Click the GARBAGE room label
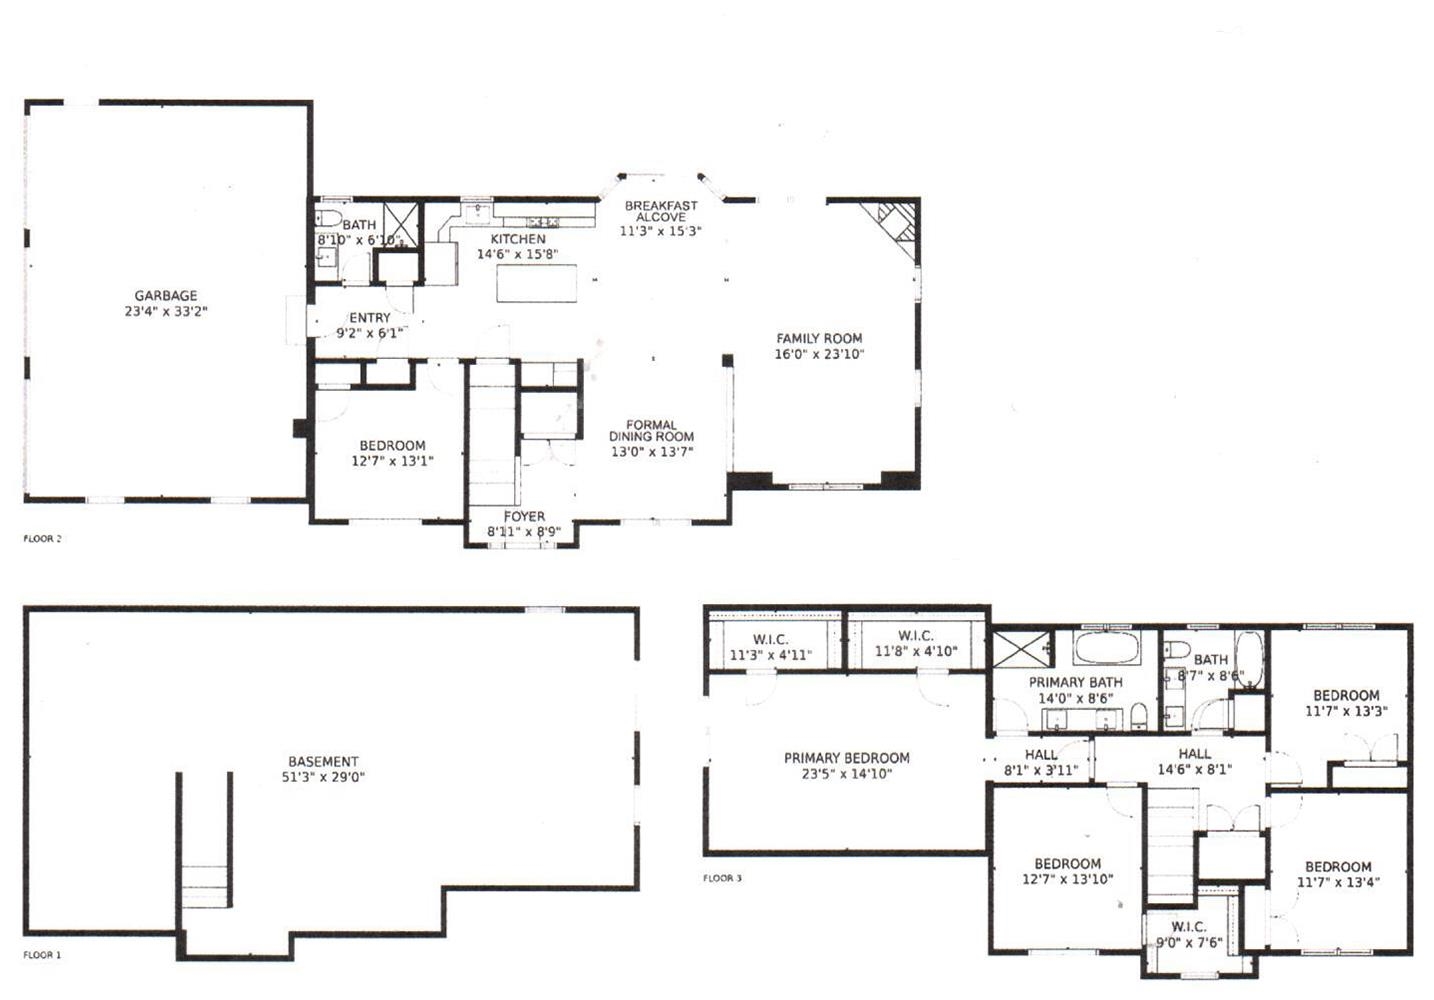tap(166, 296)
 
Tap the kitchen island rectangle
tap(536, 283)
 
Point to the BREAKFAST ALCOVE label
tap(661, 211)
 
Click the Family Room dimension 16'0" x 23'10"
tap(819, 354)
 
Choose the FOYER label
tap(524, 516)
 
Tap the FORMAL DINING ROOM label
tap(652, 430)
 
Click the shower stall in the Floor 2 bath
tap(401, 224)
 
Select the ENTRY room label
tap(369, 318)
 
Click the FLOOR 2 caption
tap(42, 538)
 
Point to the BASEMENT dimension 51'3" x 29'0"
tap(323, 777)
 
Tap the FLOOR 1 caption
tap(42, 955)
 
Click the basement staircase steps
tap(205, 886)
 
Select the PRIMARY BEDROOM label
tap(847, 758)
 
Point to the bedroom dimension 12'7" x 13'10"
tap(1068, 879)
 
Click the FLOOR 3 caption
tap(722, 878)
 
